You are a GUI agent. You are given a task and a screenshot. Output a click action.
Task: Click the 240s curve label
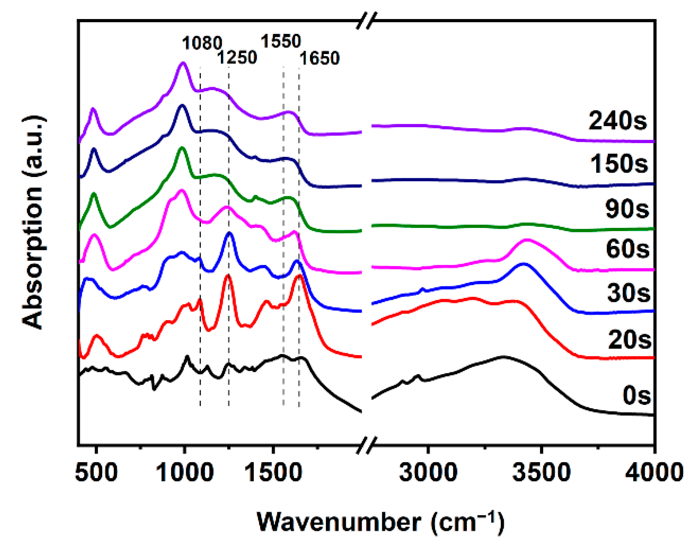point(618,121)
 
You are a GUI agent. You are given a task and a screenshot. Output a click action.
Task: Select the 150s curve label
point(619,163)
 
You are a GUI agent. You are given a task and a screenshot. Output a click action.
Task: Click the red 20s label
point(629,339)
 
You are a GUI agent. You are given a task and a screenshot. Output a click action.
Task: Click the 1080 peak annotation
point(202,43)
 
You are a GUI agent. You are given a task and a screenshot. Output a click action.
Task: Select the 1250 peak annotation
point(237,58)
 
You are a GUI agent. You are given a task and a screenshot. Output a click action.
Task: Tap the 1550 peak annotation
point(281,41)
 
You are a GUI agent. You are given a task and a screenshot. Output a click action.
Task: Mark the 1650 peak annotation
point(319,58)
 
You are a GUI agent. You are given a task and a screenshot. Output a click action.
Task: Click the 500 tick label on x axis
point(96,472)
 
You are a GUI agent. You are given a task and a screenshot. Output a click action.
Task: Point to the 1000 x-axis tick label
point(185,472)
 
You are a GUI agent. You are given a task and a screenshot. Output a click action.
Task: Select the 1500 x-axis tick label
point(273,472)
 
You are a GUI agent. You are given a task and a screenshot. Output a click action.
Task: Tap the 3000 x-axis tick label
point(428,472)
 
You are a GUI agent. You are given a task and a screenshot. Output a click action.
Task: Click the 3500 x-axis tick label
point(541,472)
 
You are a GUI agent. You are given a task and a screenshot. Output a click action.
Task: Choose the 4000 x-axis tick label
point(654,472)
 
